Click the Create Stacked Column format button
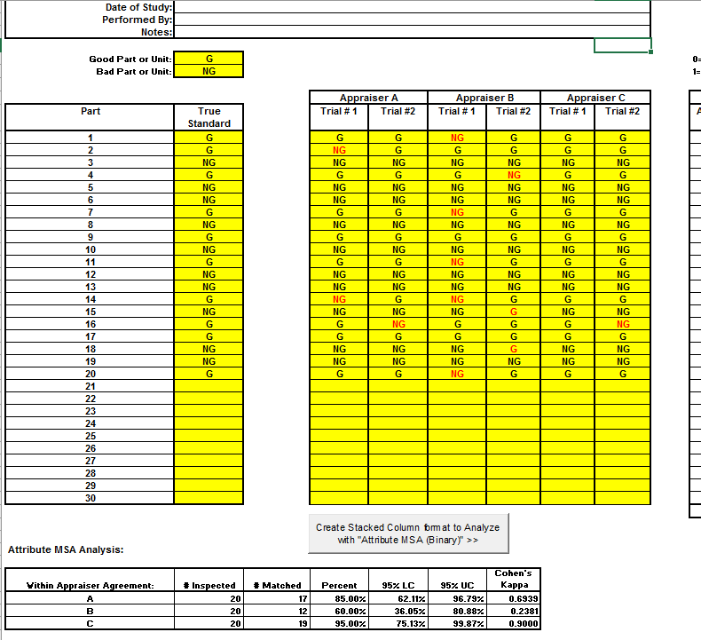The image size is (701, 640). [x=408, y=533]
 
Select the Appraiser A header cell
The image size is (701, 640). [x=368, y=98]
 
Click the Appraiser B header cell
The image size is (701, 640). [x=484, y=98]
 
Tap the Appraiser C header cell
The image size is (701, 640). [x=595, y=98]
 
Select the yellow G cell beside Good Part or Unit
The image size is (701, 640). [x=209, y=59]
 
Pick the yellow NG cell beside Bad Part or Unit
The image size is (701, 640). [x=209, y=72]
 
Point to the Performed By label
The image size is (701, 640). [x=143, y=20]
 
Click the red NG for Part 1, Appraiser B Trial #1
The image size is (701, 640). [x=457, y=138]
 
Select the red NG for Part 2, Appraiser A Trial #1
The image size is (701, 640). [x=339, y=150]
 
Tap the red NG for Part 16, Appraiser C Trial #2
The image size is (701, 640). [x=623, y=325]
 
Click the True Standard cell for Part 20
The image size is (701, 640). [x=209, y=375]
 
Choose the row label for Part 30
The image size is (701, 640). [x=90, y=499]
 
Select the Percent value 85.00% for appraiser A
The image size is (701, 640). [x=340, y=598]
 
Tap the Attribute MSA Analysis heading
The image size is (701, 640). [x=66, y=550]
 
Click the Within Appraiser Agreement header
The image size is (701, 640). [x=91, y=585]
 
